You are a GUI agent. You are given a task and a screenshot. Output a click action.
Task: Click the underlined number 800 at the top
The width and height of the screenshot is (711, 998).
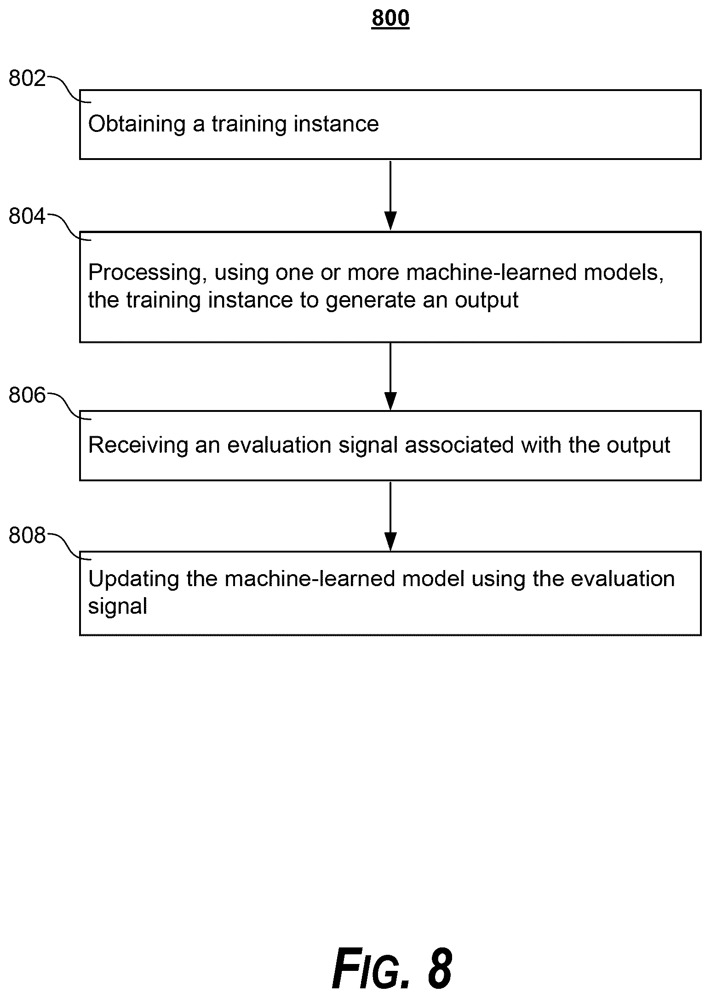click(390, 18)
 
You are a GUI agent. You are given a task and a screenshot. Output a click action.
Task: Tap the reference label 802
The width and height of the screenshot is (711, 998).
click(27, 79)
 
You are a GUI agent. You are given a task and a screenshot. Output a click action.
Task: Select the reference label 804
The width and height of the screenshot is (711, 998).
click(27, 217)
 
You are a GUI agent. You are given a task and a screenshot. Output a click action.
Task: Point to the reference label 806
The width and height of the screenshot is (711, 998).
click(27, 395)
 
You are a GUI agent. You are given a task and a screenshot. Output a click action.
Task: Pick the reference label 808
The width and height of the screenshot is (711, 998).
click(27, 536)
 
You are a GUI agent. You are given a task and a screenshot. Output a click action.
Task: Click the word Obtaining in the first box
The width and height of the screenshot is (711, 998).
click(137, 125)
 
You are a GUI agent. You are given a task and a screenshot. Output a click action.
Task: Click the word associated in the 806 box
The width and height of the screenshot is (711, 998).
click(459, 445)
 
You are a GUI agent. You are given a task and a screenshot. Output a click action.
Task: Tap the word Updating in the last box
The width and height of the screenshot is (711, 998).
click(134, 579)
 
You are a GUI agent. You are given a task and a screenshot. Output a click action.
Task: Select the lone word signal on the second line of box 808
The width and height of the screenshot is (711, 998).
click(118, 606)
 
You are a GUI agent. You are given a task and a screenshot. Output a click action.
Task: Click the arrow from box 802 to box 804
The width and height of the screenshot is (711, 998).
click(390, 195)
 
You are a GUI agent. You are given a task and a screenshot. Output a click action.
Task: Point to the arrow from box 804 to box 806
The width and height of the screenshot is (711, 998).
click(390, 376)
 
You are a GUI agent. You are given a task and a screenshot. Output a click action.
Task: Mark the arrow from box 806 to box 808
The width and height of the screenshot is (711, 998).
click(390, 516)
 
